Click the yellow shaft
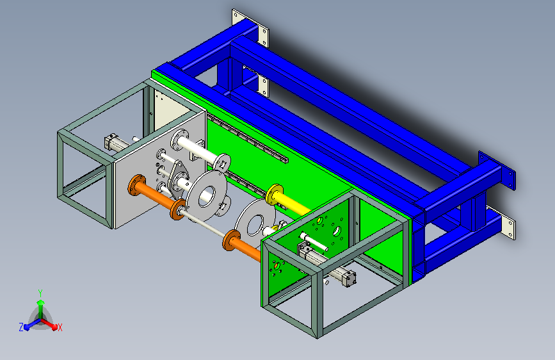tap(291, 203)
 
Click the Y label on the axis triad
tap(40, 293)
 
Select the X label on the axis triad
tap(60, 328)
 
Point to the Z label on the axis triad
tap(21, 327)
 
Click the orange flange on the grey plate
tap(136, 184)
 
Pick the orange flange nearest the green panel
tap(232, 240)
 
